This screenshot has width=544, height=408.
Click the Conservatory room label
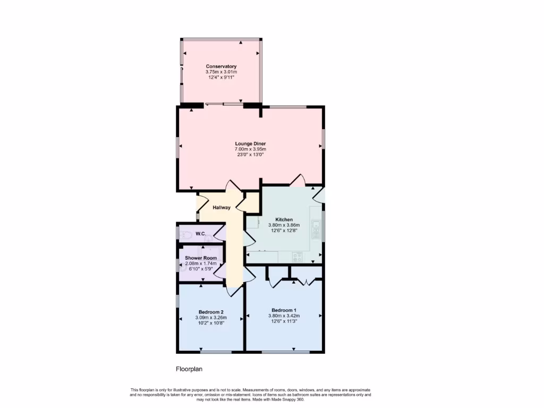click(221, 66)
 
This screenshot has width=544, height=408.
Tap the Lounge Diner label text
click(250, 143)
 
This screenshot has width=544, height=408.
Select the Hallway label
click(222, 208)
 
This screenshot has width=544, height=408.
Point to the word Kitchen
click(284, 219)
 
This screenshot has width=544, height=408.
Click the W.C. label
click(200, 234)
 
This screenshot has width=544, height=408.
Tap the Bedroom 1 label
click(284, 310)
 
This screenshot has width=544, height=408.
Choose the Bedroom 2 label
click(211, 312)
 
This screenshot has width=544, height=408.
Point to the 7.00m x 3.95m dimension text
click(250, 149)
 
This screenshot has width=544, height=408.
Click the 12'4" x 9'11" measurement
click(221, 78)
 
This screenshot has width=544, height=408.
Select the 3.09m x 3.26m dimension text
click(211, 318)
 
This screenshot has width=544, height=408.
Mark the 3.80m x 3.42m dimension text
click(284, 316)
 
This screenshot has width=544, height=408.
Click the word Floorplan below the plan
click(190, 369)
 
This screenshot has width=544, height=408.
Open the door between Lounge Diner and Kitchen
click(297, 180)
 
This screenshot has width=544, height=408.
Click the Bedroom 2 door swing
click(233, 290)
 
